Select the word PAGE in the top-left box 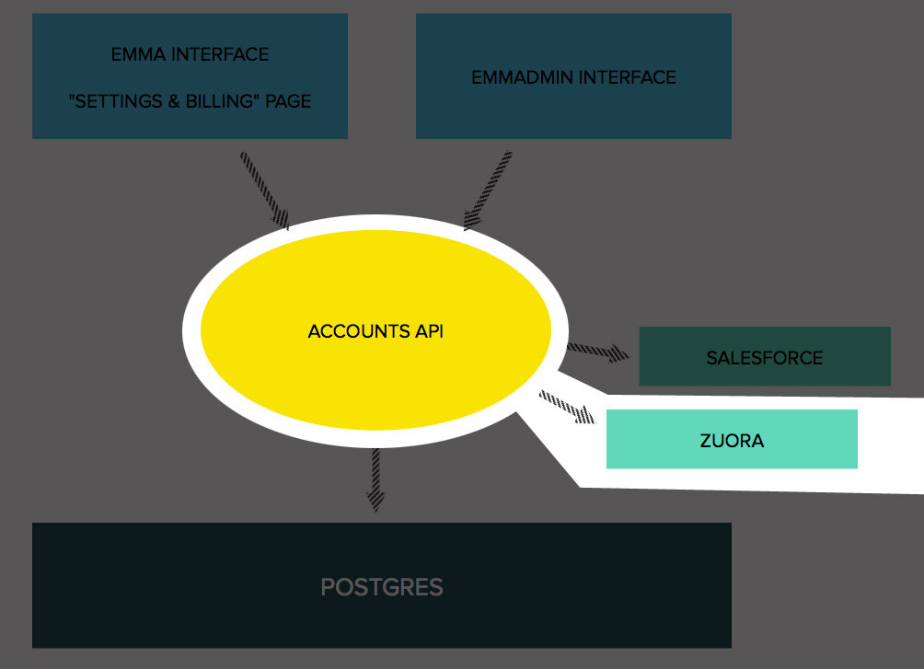pyautogui.click(x=288, y=101)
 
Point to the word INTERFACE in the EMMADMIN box pyautogui.click(x=630, y=77)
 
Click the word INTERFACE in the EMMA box pyautogui.click(x=221, y=54)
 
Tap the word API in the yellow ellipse pyautogui.click(x=429, y=331)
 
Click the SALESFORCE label pyautogui.click(x=765, y=358)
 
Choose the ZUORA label pyautogui.click(x=733, y=441)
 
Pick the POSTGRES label pyautogui.click(x=382, y=587)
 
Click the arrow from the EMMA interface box pyautogui.click(x=265, y=190)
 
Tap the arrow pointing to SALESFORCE pyautogui.click(x=597, y=351)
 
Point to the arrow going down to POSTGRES pyautogui.click(x=375, y=479)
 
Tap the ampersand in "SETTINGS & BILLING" pyautogui.click(x=174, y=101)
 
